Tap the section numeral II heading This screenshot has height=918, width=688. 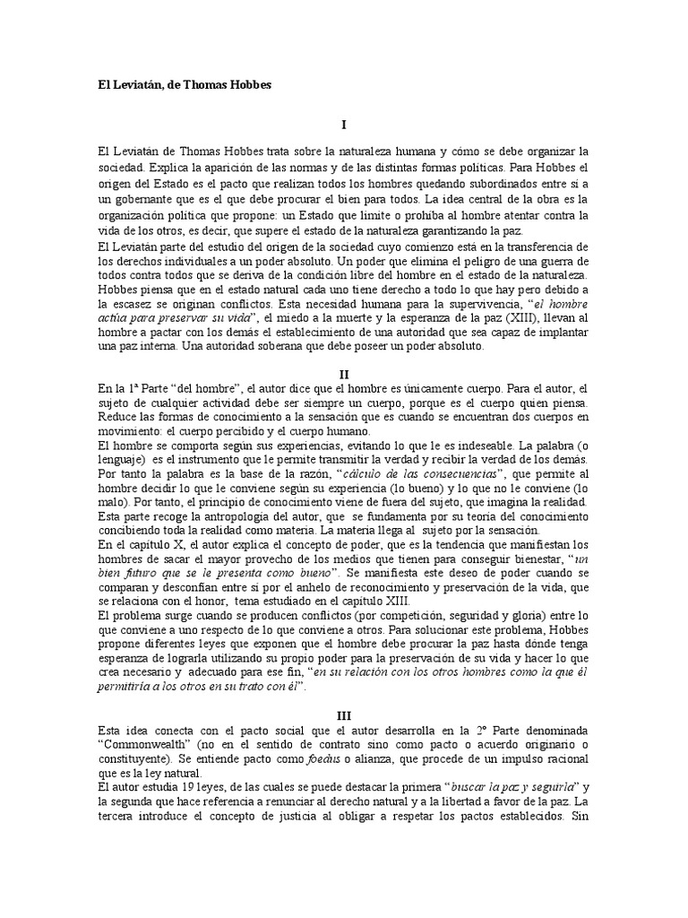click(x=344, y=372)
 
